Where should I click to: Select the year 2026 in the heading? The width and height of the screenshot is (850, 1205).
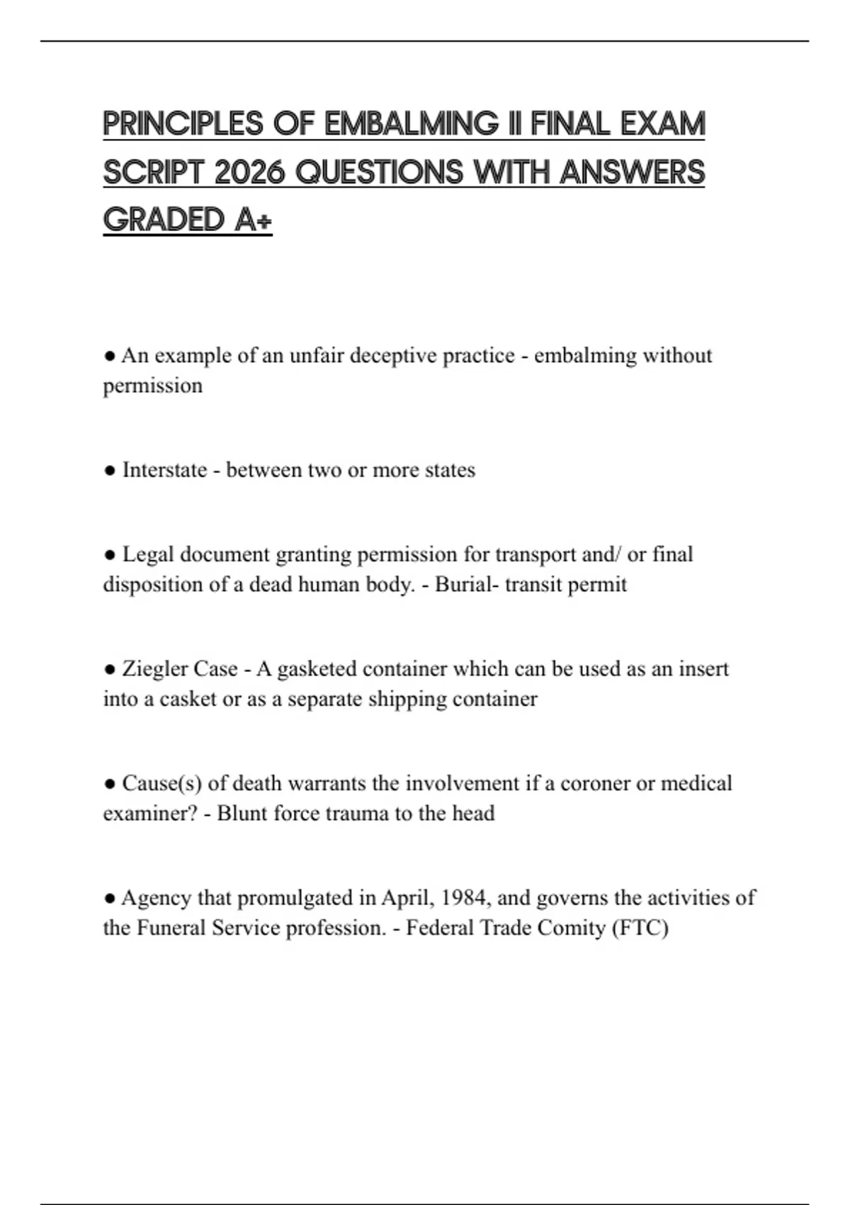249,172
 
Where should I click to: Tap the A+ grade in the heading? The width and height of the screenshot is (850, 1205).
253,220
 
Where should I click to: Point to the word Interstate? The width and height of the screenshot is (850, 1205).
164,470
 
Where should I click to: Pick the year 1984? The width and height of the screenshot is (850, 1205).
465,898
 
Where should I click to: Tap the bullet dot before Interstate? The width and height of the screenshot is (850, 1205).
109,471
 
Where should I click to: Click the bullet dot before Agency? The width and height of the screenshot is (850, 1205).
109,899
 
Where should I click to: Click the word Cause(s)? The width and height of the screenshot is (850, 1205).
162,783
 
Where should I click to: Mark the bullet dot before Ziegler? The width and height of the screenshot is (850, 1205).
109,669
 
